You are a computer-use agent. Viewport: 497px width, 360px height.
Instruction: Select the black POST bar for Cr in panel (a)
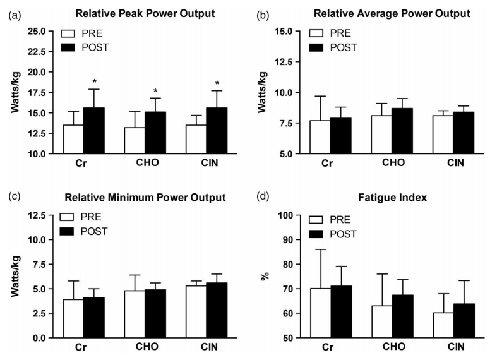click(95, 131)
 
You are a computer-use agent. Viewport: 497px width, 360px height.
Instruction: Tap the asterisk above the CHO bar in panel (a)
click(155, 91)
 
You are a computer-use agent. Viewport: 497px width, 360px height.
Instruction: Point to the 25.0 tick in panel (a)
click(36, 31)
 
